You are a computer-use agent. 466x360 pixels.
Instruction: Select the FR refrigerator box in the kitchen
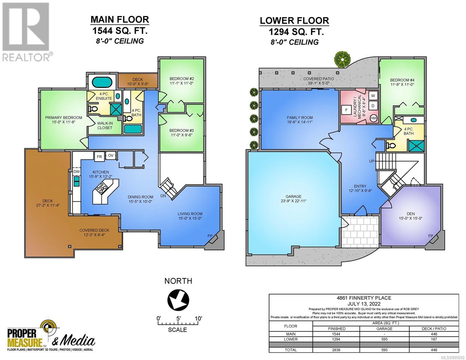pyautogui.click(x=99, y=157)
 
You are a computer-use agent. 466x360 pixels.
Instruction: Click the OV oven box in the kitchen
pyautogui.click(x=111, y=155)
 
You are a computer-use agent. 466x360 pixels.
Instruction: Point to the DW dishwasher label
pyautogui.click(x=77, y=172)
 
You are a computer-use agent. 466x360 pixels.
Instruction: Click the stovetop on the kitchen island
pyautogui.click(x=101, y=189)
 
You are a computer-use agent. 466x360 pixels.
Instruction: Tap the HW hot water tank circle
pyautogui.click(x=374, y=118)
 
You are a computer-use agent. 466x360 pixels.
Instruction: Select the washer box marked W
pyautogui.click(x=373, y=96)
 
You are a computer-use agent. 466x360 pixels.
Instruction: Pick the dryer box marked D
pyautogui.click(x=373, y=106)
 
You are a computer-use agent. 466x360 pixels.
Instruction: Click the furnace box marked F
pyautogui.click(x=346, y=110)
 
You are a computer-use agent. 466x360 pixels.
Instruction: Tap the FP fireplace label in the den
pyautogui.click(x=430, y=236)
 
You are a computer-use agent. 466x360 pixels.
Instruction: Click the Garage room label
pyautogui.click(x=293, y=196)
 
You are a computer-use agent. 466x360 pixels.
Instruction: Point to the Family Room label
pyautogui.click(x=299, y=118)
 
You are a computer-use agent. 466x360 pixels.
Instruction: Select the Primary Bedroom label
pyautogui.click(x=64, y=118)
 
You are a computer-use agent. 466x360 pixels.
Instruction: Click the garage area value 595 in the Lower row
pyautogui.click(x=384, y=339)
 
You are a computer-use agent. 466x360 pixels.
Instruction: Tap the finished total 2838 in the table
pyautogui.click(x=336, y=350)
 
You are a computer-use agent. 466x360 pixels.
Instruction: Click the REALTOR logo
pyautogui.click(x=26, y=32)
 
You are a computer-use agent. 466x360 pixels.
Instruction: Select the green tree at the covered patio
pyautogui.click(x=342, y=59)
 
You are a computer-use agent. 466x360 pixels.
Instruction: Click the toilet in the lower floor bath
pyautogui.click(x=391, y=146)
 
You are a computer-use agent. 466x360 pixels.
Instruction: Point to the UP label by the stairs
pyautogui.click(x=372, y=161)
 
